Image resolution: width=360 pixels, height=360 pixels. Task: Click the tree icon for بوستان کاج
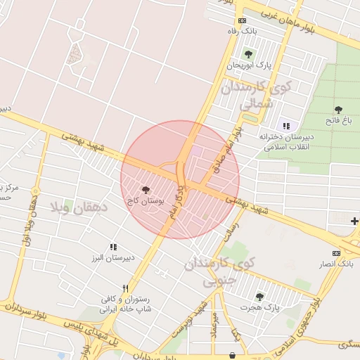pyautogui.click(x=146, y=190)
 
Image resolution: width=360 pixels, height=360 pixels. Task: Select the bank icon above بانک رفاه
pyautogui.click(x=243, y=20)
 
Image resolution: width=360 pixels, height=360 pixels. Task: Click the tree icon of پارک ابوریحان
pyautogui.click(x=247, y=54)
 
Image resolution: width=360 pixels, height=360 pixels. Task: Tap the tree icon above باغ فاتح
pyautogui.click(x=338, y=109)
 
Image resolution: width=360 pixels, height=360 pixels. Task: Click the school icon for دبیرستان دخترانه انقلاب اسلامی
pyautogui.click(x=285, y=125)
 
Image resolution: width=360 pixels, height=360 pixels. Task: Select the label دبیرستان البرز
pyautogui.click(x=112, y=257)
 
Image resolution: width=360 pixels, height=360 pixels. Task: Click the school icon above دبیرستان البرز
pyautogui.click(x=112, y=247)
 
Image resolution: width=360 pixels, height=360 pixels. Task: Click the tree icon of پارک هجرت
pyautogui.click(x=260, y=297)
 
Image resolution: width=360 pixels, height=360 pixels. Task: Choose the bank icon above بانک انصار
pyautogui.click(x=337, y=252)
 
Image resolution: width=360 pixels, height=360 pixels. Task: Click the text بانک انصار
pyautogui.click(x=336, y=263)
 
